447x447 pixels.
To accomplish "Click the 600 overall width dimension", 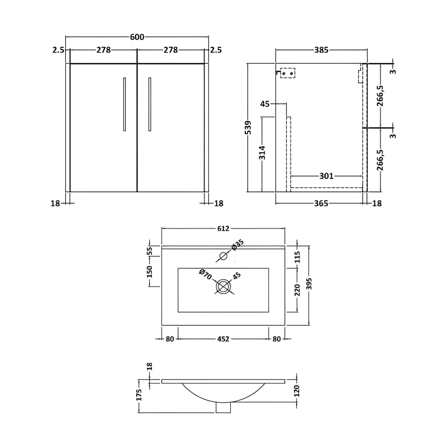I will point(137,37).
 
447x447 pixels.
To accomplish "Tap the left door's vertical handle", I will point(125,104).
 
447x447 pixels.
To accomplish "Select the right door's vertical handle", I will point(150,104).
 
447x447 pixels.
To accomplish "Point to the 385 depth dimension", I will point(321,50).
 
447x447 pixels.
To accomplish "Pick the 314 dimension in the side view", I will point(262,153).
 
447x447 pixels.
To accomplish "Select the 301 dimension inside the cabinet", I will point(326,176).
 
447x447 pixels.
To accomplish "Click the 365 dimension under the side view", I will point(321,203).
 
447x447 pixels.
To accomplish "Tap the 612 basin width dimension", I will point(223,229).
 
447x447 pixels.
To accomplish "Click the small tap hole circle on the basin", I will point(223,256).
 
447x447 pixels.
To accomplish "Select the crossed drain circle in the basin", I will point(223,286).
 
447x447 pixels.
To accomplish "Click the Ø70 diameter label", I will point(205,274).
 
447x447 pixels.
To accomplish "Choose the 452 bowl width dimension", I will point(223,339).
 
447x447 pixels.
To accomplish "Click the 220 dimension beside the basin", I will point(298,290).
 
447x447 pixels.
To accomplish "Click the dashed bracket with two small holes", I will point(287,73).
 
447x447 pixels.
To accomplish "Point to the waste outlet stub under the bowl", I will point(223,408).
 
